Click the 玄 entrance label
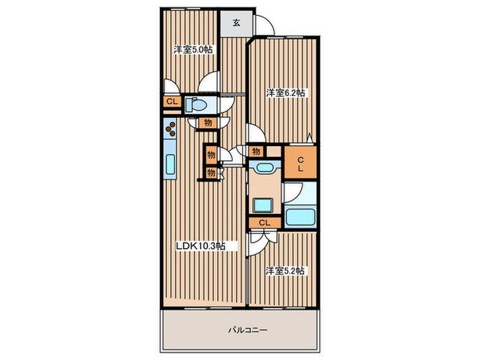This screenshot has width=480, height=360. click(x=236, y=23)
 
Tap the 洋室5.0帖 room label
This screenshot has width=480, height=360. click(x=193, y=50)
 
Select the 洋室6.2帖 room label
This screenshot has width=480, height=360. click(x=285, y=93)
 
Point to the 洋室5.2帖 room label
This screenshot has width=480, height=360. click(x=285, y=271)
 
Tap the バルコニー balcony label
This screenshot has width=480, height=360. click(x=248, y=331)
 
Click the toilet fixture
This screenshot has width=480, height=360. click(x=197, y=105)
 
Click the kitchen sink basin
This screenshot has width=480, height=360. click(x=170, y=165)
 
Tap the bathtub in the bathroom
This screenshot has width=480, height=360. click(x=300, y=217)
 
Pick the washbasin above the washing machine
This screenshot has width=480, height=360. click(x=264, y=168)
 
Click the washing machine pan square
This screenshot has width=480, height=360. click(x=263, y=205)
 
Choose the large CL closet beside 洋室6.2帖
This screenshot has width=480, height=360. click(x=300, y=163)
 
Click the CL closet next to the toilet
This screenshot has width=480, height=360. click(x=172, y=102)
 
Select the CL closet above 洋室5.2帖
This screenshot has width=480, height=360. click(x=265, y=223)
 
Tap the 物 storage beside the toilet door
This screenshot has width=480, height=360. click(x=208, y=123)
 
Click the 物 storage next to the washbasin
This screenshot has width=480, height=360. click(x=256, y=152)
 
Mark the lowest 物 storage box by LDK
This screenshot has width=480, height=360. click(x=211, y=173)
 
